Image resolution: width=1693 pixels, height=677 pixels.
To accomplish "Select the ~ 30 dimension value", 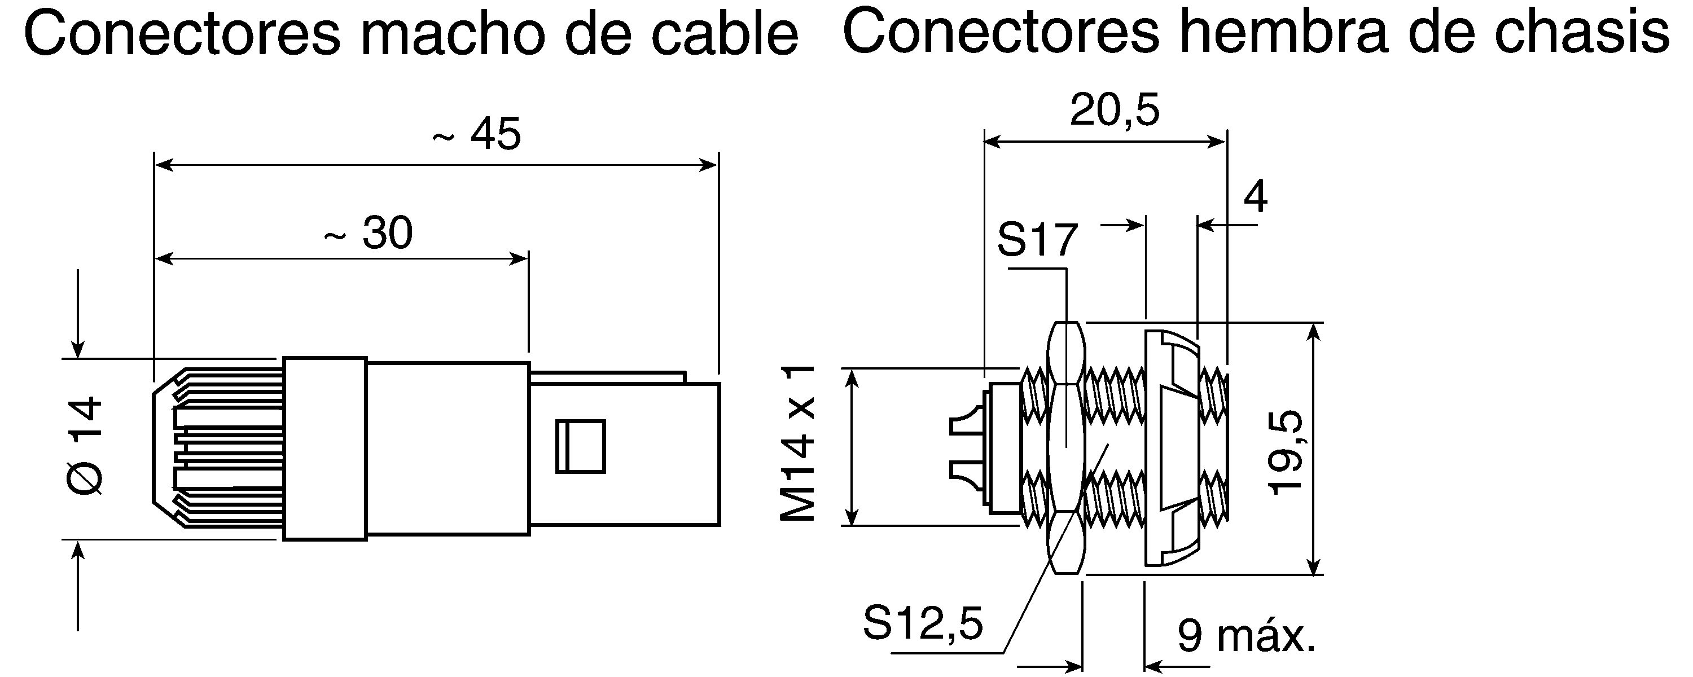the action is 369,232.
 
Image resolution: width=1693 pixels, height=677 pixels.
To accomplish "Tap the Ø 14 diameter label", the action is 86,445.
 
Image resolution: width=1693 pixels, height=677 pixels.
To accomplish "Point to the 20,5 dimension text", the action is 1115,110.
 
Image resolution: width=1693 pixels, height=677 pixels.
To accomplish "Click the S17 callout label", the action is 1038,240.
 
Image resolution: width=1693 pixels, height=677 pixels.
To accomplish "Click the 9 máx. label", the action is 1246,635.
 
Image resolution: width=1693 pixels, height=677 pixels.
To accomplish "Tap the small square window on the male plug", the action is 580,446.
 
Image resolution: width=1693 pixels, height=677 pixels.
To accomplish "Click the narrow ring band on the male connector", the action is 324,449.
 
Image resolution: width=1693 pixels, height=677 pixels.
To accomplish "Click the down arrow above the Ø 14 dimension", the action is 78,314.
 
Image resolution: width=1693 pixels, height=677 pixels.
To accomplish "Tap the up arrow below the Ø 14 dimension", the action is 78,586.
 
